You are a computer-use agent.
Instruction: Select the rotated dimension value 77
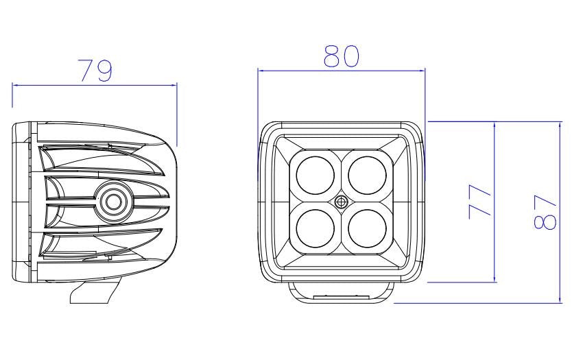[x=479, y=202]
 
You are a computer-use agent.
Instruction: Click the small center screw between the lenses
[x=341, y=202]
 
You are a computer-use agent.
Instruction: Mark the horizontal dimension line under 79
[x=94, y=85]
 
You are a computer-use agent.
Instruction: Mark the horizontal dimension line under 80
[x=341, y=69]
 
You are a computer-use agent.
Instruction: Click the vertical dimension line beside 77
[x=494, y=202]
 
